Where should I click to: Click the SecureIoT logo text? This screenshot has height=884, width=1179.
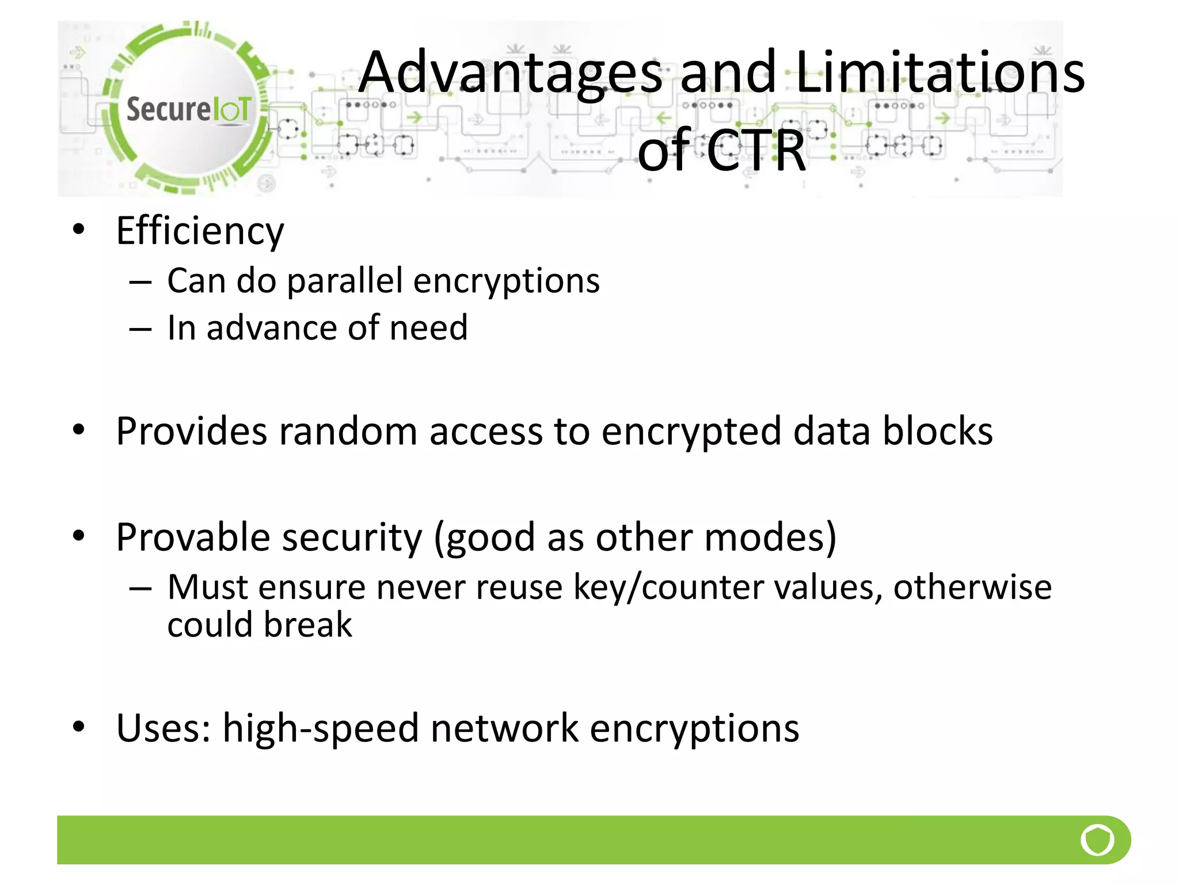(x=189, y=109)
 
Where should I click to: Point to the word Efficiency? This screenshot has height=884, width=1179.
(x=200, y=231)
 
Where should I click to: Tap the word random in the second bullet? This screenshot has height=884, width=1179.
(x=348, y=431)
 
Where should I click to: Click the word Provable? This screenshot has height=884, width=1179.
(x=193, y=538)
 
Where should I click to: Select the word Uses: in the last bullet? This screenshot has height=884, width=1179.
(x=163, y=729)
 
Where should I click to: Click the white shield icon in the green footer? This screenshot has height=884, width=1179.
(x=1097, y=840)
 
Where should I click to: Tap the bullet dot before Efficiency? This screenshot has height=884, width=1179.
(x=79, y=230)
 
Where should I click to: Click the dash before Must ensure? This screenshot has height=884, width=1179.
(x=140, y=589)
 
